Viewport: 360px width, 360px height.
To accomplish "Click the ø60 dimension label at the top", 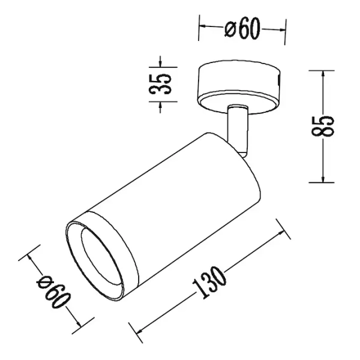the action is coord(242,28).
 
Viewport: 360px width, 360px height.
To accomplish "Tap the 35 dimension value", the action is coord(160,84).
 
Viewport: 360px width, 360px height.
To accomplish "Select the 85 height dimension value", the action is coord(322,126).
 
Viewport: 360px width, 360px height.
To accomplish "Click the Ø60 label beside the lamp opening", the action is coord(53,291).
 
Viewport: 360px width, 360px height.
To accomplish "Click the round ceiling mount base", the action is coord(239,87).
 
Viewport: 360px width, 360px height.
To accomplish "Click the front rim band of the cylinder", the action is coord(102,255).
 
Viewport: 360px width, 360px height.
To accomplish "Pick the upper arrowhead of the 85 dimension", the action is coord(323,74).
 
